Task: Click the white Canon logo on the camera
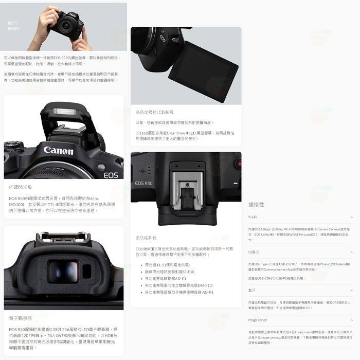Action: coord(58,151)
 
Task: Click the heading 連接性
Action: coord(256,204)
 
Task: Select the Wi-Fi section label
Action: coord(252,218)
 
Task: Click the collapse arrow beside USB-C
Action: coord(351,252)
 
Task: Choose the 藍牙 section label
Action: coord(251,290)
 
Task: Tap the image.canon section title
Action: coord(257,320)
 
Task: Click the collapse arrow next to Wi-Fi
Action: coord(351,218)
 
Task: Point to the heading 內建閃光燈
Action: coord(20,188)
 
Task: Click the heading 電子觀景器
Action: coord(21,318)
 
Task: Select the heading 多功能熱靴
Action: coord(146,238)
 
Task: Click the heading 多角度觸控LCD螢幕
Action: coord(154,112)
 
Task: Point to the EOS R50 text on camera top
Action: coord(143,183)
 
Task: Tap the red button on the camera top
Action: coord(238,163)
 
